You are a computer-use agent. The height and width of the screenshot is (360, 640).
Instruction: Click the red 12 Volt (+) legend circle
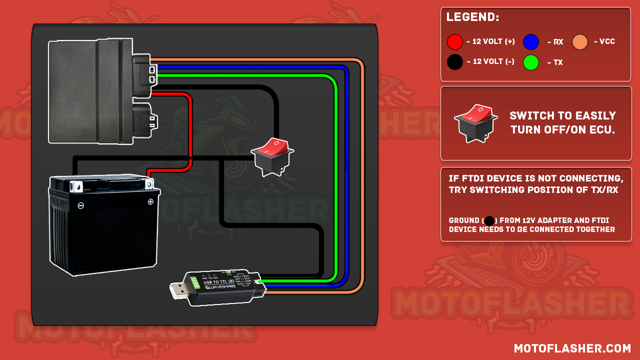(455, 42)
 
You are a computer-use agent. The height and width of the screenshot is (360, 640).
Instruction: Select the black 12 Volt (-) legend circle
(455, 62)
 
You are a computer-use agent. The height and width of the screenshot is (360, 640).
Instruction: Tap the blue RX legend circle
(531, 42)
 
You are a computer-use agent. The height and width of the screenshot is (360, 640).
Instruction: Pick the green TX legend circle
(531, 62)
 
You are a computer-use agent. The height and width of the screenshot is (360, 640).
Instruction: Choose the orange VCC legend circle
(580, 42)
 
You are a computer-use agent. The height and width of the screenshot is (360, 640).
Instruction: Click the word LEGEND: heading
(472, 17)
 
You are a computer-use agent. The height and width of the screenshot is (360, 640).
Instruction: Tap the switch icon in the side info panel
(475, 122)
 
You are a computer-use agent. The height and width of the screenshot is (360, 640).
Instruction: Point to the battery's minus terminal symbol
(81, 205)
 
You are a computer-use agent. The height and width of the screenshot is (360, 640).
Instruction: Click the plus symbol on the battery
(150, 202)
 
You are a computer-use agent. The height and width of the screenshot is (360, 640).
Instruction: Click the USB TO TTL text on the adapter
(219, 282)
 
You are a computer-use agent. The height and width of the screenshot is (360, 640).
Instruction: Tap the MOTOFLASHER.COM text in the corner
(572, 348)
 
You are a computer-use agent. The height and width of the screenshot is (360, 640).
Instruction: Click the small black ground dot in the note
(489, 220)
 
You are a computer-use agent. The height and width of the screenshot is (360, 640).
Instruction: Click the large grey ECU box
(90, 90)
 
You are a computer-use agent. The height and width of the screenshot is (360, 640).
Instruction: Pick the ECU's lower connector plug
(145, 120)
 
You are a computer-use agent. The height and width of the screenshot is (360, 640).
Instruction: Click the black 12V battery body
(102, 230)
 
